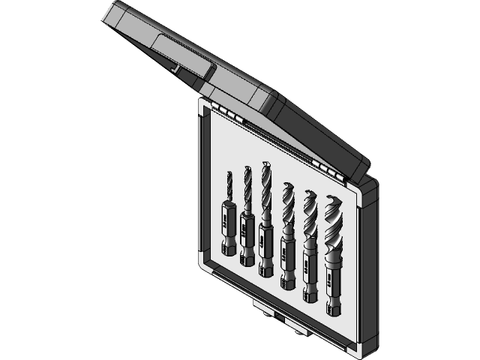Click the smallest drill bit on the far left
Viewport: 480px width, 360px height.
tap(229, 214)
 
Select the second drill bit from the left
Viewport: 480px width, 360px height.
tap(247, 217)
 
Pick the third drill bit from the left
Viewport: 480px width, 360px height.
tap(266, 221)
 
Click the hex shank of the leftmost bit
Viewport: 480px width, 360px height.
tap(227, 244)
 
